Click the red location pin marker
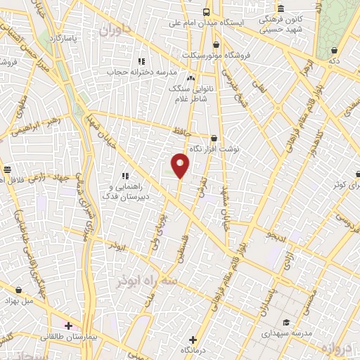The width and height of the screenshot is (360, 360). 181,165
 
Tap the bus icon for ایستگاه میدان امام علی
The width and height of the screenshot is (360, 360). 206,12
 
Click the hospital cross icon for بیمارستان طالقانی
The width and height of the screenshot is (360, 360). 68,326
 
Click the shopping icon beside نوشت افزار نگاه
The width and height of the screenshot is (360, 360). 214,139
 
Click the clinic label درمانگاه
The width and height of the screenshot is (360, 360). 194,349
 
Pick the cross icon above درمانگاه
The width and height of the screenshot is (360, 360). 193,340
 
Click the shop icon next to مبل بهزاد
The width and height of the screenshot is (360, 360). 18,290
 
